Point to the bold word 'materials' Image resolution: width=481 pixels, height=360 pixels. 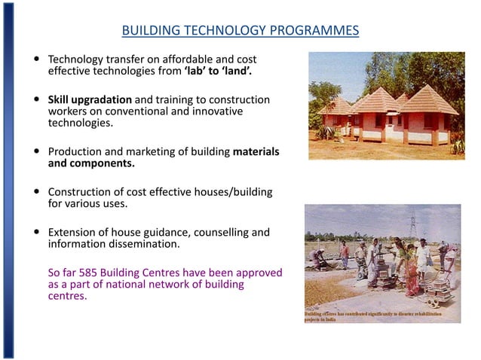click(x=256, y=151)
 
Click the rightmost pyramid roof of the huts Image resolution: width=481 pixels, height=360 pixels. click(x=427, y=102)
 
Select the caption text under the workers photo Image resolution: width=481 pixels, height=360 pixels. click(x=381, y=316)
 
